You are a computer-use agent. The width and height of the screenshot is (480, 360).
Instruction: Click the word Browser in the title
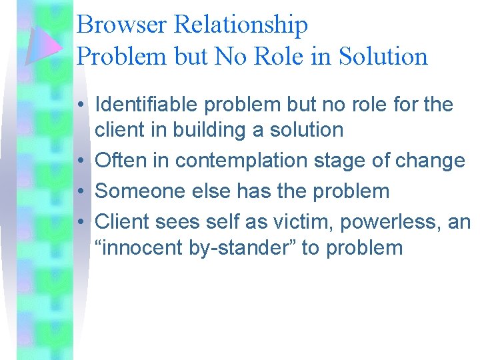(122, 25)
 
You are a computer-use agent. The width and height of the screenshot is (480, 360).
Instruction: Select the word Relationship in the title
(241, 25)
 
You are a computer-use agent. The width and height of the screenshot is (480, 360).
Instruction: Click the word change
(432, 161)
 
